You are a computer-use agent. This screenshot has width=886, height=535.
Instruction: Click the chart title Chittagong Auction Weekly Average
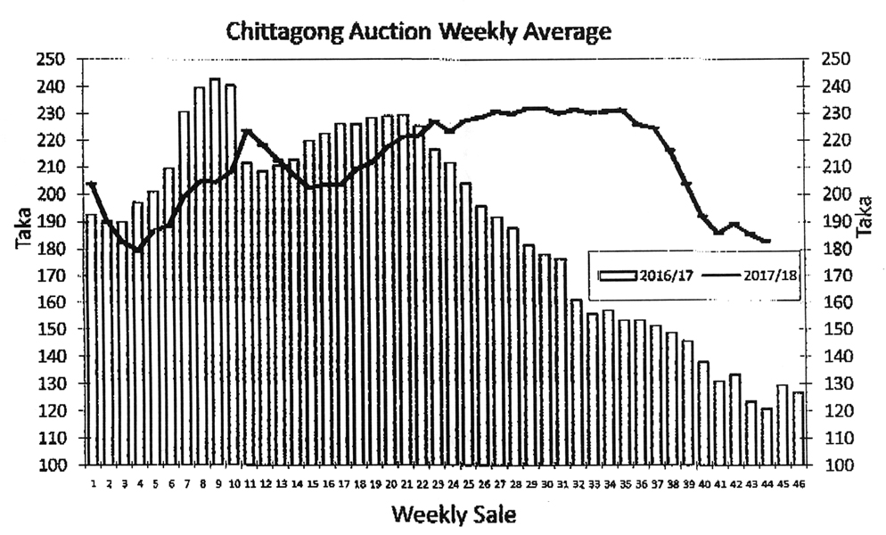[x=418, y=32]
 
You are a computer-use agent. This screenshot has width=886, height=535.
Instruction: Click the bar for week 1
[x=90, y=339]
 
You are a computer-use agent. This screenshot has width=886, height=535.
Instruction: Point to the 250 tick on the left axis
[x=55, y=59]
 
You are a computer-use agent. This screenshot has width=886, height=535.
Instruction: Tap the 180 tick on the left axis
[x=55, y=249]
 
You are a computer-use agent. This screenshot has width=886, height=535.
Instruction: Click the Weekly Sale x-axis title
[x=453, y=514]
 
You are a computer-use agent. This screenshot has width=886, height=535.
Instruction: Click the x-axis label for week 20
[x=390, y=483]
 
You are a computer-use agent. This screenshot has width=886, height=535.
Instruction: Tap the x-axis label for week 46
[x=798, y=483]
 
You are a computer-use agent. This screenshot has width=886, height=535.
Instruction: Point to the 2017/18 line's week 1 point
[x=92, y=185]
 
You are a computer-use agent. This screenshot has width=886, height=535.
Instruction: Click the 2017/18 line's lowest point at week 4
[x=138, y=250]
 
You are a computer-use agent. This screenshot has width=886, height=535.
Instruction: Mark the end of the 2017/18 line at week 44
[x=767, y=241]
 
